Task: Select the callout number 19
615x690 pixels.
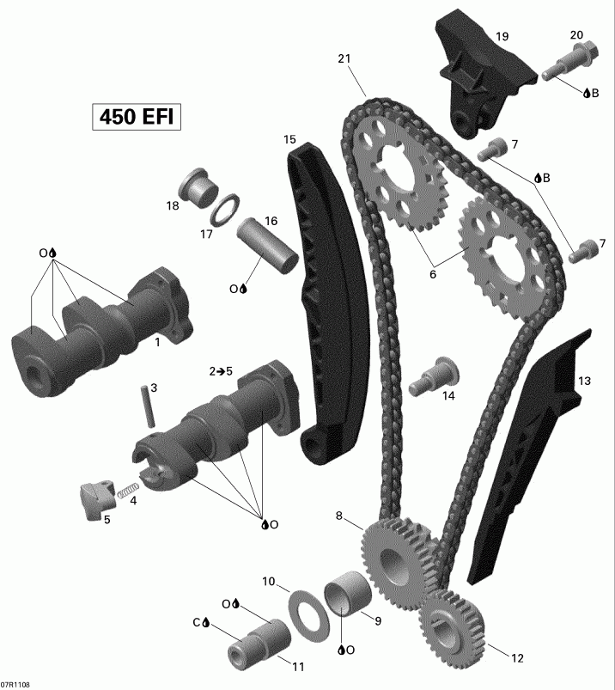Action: coord(502,36)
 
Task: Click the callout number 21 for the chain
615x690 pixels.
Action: coord(344,59)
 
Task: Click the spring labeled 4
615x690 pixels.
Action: coord(127,491)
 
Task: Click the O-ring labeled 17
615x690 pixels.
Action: coord(224,208)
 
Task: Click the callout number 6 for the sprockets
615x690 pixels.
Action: coord(433,274)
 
